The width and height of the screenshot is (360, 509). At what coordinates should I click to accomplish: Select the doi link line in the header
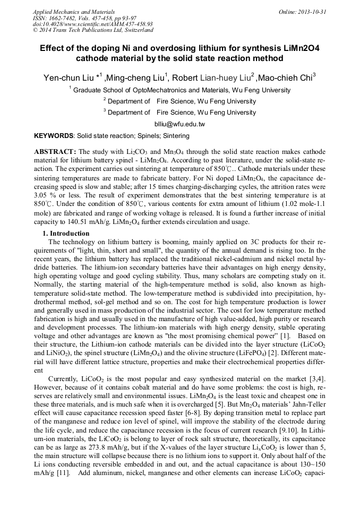click(92, 24)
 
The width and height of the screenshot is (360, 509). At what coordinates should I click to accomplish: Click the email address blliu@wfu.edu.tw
click(179, 124)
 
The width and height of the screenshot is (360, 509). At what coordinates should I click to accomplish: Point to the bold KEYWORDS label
click(53, 136)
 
